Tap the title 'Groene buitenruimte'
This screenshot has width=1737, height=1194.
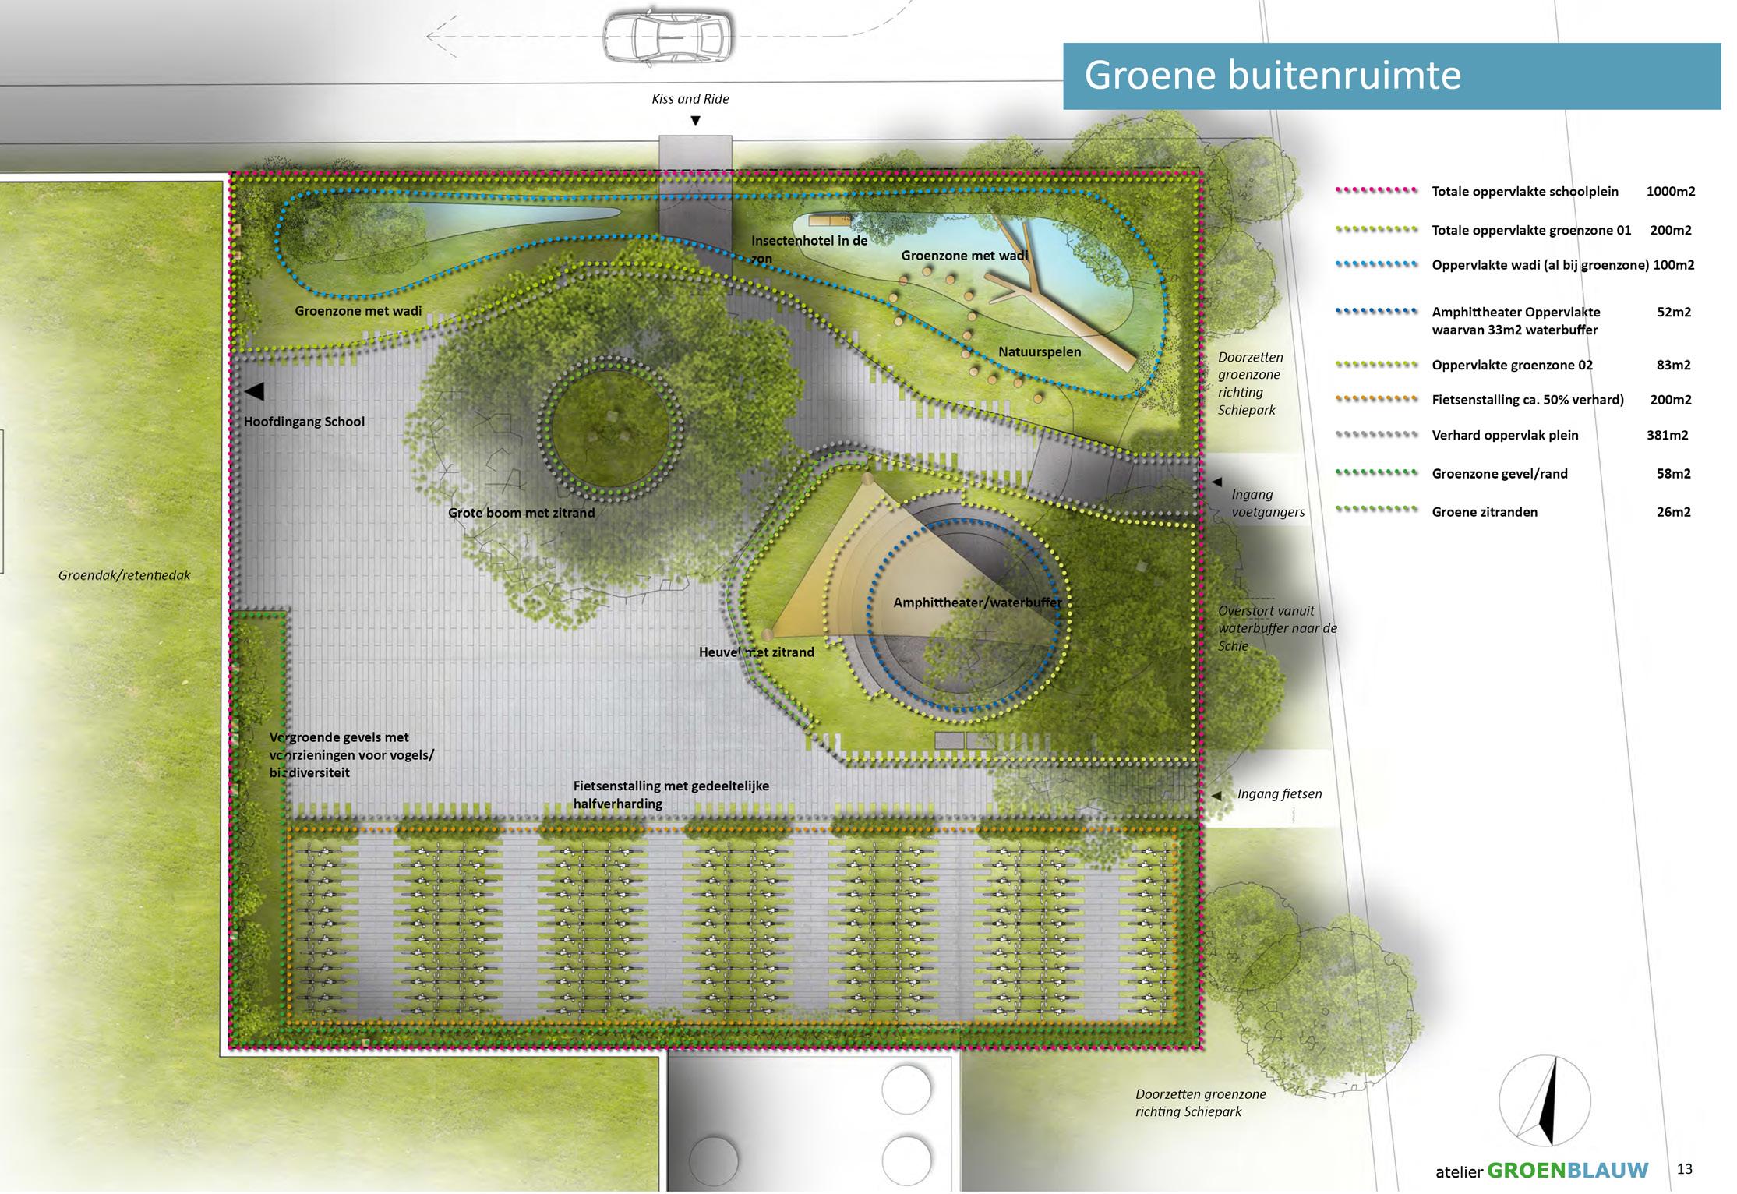[x=1272, y=76]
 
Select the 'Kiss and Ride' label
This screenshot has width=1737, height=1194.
[x=690, y=99]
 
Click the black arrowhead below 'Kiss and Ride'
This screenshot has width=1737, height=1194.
[x=696, y=121]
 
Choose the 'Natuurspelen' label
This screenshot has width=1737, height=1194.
[x=1040, y=352]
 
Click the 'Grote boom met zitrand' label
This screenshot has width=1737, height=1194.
[x=521, y=513]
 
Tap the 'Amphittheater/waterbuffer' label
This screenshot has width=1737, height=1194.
[x=977, y=602]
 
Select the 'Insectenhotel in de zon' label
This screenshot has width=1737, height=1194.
[x=808, y=249]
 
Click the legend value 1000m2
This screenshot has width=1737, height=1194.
[x=1670, y=192]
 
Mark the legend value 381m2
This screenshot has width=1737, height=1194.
[x=1667, y=436]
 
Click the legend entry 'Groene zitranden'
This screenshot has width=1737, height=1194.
[x=1485, y=512]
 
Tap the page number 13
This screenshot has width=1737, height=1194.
[x=1684, y=1169]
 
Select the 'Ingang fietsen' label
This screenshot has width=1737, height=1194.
[x=1279, y=794]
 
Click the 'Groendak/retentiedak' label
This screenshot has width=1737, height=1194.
[x=124, y=576]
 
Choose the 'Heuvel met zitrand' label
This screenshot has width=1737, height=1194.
[x=756, y=652]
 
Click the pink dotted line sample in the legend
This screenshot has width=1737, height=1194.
[x=1376, y=190]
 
